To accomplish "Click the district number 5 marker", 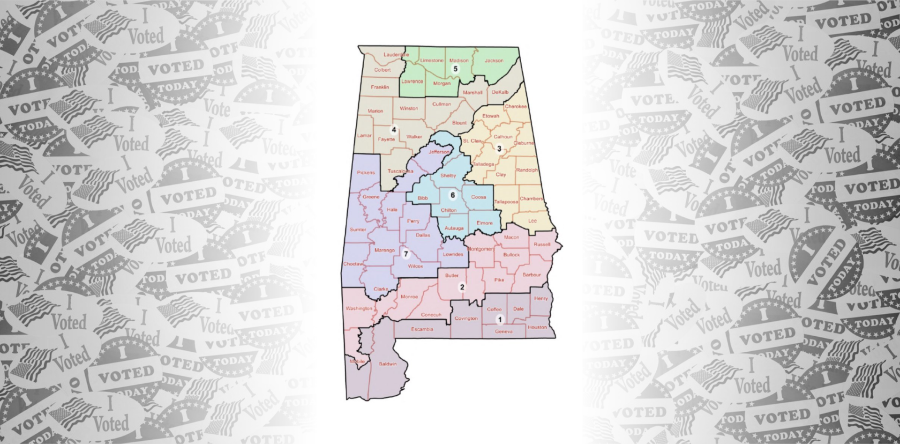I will (455, 69).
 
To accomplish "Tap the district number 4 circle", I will (394, 130).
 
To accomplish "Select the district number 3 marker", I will (499, 149).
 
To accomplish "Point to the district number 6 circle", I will (452, 195).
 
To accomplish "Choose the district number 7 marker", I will (406, 254).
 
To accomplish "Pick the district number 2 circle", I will (462, 287).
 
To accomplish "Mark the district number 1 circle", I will (500, 320).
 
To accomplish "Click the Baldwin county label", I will (388, 364).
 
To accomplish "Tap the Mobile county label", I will (357, 362).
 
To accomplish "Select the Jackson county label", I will (494, 60).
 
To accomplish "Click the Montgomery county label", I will (480, 249).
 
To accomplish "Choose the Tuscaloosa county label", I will (400, 171).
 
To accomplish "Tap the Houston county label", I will (537, 327).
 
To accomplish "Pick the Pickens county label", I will (366, 172).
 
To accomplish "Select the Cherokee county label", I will (516, 106).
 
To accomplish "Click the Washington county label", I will (359, 309).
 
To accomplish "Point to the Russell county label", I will (542, 244).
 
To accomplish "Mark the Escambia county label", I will (422, 329).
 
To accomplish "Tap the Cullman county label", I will (442, 104).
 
